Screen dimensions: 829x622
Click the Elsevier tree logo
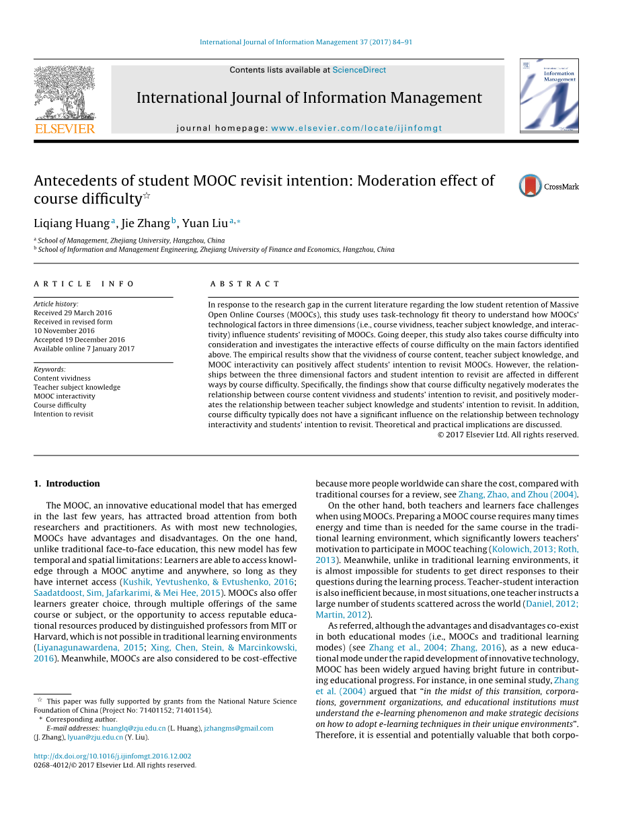(x=65, y=94)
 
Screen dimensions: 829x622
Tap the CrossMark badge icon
(x=531, y=186)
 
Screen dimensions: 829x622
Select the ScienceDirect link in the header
(x=359, y=70)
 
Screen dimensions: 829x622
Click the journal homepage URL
(x=356, y=128)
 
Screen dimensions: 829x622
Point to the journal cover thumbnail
(x=549, y=95)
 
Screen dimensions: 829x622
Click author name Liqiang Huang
(x=72, y=223)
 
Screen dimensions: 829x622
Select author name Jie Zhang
(x=145, y=223)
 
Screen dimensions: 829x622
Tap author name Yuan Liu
(x=204, y=223)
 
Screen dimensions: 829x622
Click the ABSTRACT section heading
(x=245, y=284)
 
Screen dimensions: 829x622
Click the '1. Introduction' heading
(x=67, y=484)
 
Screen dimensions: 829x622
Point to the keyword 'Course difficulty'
(x=60, y=405)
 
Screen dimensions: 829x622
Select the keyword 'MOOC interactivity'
(x=65, y=396)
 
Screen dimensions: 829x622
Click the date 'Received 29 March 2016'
(x=73, y=313)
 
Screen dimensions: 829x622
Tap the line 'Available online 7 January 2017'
(x=84, y=349)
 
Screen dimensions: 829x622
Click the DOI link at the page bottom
(x=112, y=756)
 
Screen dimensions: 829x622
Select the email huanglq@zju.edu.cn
(x=134, y=728)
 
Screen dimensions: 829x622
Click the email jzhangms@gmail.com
(x=239, y=728)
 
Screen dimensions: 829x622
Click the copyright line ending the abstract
(x=508, y=435)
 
